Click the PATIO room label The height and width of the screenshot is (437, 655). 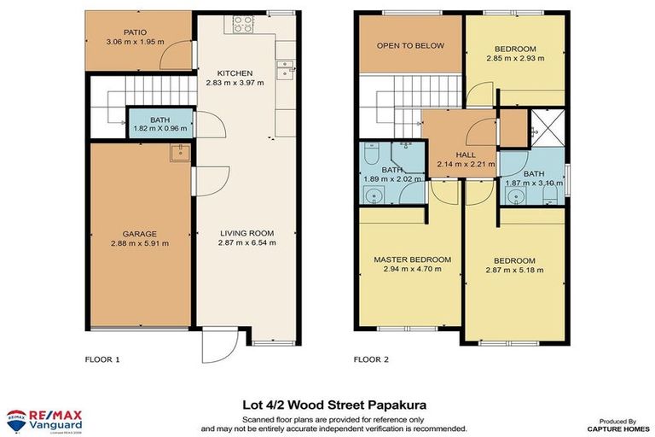click(x=135, y=32)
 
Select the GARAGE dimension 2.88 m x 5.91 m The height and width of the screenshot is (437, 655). click(x=139, y=243)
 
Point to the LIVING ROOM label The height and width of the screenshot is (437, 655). click(x=246, y=232)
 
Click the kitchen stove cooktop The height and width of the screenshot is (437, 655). click(x=241, y=24)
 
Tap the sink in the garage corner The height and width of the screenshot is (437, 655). click(x=180, y=154)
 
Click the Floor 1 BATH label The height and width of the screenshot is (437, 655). click(x=159, y=120)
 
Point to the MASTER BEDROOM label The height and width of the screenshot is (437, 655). click(x=412, y=259)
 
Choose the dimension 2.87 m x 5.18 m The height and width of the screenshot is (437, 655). click(x=513, y=270)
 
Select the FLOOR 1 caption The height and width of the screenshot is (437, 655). click(x=103, y=359)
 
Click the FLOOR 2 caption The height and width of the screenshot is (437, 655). click(x=371, y=359)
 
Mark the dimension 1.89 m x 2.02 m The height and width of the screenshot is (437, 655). click(x=391, y=180)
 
